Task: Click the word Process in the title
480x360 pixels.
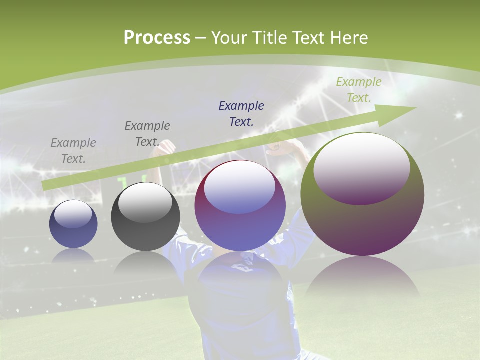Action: pyautogui.click(x=157, y=37)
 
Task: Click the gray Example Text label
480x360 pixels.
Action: pyautogui.click(x=73, y=150)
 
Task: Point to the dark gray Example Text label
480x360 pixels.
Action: pyautogui.click(x=147, y=133)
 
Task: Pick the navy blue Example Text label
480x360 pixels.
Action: pyautogui.click(x=241, y=113)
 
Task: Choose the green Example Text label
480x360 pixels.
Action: pyautogui.click(x=358, y=89)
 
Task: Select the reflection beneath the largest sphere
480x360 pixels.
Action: pyautogui.click(x=362, y=280)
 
